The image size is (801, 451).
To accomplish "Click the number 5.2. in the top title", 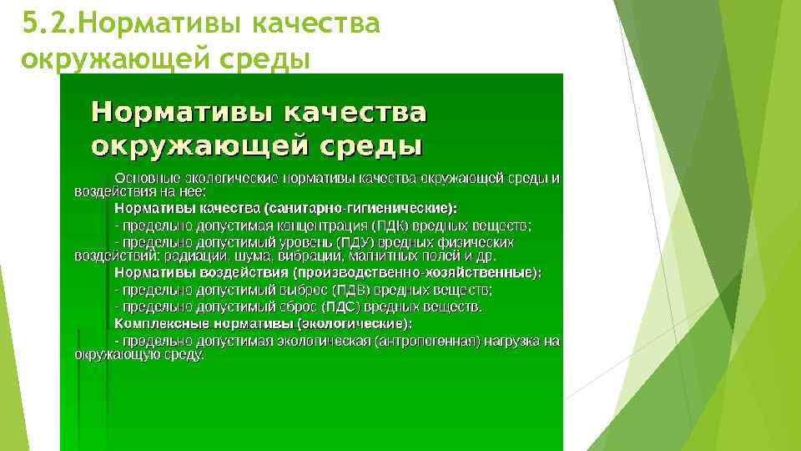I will click(48, 24).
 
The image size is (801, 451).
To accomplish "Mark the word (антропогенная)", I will click(427, 341).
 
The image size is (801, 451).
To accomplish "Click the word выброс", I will click(302, 290).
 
